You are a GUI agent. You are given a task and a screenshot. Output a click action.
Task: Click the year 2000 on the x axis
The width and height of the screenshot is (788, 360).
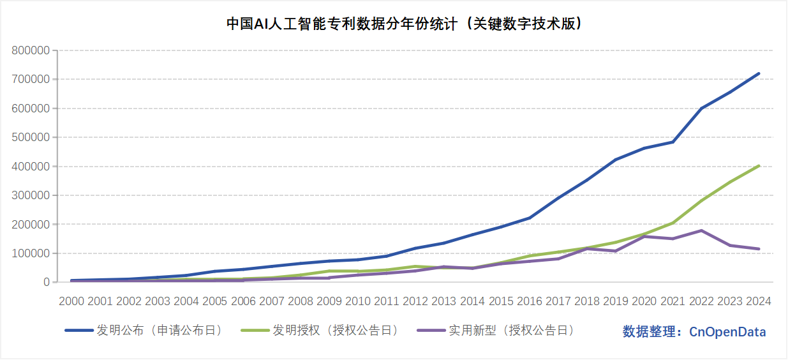[71, 301]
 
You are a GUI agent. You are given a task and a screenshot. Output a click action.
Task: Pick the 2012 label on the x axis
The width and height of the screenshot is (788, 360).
[415, 301]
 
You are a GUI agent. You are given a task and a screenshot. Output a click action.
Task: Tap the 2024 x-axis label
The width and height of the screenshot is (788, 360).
[758, 301]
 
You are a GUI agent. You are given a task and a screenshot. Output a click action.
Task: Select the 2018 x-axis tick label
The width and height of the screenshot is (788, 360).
[586, 301]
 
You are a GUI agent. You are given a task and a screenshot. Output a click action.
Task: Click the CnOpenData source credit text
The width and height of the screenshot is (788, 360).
[694, 332]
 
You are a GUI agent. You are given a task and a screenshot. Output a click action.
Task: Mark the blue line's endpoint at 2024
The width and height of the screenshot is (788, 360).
[759, 73]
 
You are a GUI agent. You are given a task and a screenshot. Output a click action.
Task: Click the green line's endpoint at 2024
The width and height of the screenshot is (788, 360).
[759, 166]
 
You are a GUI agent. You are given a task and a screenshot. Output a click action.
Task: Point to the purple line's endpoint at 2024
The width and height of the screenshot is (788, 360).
[759, 249]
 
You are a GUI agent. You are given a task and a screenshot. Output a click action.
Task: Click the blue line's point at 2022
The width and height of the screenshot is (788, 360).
[701, 109]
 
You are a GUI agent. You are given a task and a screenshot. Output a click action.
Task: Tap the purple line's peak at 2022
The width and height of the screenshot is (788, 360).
[701, 230]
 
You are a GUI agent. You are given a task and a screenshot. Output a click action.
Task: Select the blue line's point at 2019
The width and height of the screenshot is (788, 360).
[616, 160]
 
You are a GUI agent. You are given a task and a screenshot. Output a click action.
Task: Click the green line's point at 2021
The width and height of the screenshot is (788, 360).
[673, 223]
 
